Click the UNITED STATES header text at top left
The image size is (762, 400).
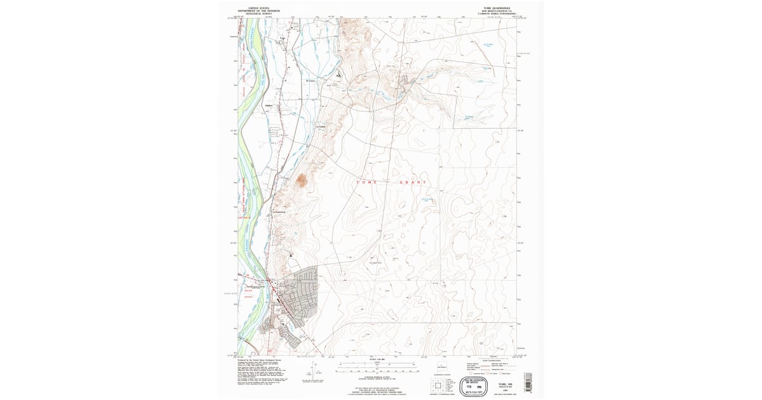(x=258, y=8)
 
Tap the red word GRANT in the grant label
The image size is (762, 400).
(x=413, y=182)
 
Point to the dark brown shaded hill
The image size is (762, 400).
(x=301, y=180)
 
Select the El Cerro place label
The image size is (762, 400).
(x=311, y=81)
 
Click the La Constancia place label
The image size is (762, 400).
(x=280, y=211)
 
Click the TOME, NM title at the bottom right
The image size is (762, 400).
(x=505, y=385)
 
